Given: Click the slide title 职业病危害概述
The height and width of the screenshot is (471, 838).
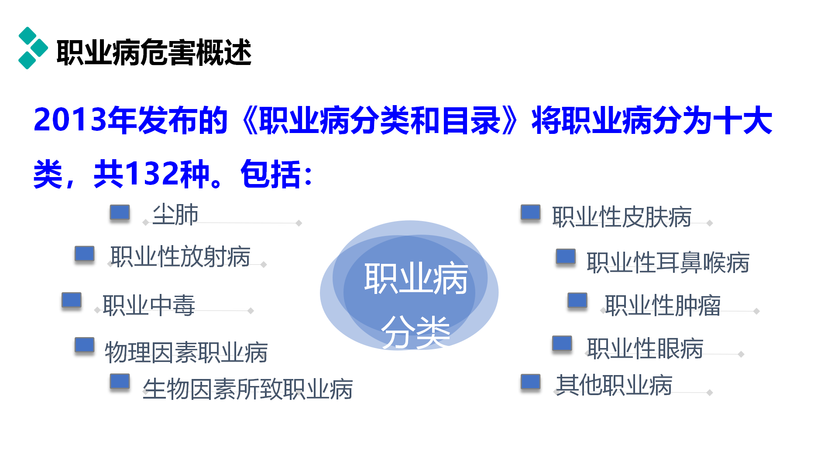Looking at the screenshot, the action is click(154, 52).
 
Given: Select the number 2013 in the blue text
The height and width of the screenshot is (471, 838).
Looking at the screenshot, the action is click(70, 120).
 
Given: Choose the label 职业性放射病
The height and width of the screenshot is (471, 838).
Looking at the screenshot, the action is click(180, 256).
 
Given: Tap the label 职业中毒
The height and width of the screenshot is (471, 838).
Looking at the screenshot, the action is click(149, 305).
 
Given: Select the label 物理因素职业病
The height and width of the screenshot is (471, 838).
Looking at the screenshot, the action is click(186, 352).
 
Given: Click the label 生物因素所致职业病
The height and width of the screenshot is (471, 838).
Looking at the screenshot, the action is click(248, 389).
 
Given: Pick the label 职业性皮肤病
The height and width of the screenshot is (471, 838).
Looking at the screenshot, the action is click(622, 217).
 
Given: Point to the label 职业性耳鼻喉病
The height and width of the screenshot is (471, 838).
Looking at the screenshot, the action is click(668, 263).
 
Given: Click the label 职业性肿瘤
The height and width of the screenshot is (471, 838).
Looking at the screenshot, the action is click(663, 305).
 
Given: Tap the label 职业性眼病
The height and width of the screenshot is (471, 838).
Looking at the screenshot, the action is click(645, 348).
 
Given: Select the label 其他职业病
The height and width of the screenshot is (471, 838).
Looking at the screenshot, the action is click(614, 385).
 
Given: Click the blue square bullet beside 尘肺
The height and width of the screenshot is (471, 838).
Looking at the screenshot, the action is click(120, 212).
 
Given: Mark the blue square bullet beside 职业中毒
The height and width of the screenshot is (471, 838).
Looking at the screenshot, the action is click(72, 300).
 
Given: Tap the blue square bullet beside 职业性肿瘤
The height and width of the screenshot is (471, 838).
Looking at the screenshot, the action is click(577, 300).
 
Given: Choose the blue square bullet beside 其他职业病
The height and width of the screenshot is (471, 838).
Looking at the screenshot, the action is click(531, 382).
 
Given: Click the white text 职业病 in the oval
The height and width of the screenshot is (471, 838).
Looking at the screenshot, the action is click(416, 278).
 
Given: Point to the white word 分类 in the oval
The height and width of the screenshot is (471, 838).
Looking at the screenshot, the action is click(416, 332).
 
